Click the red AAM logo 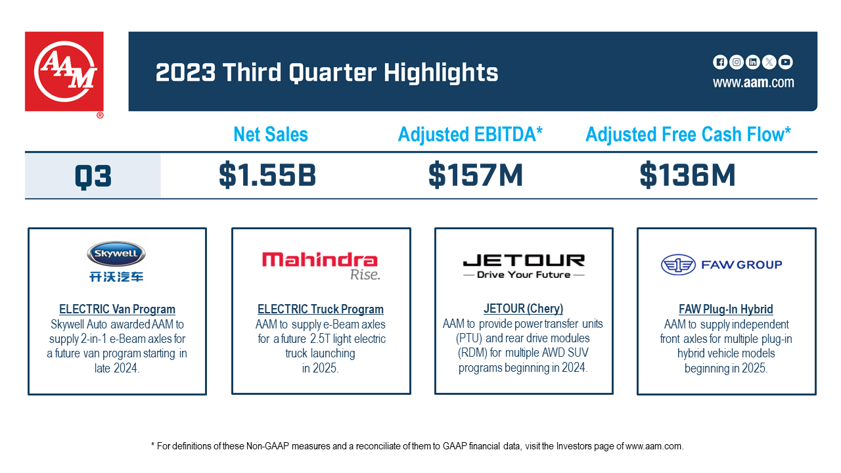click(x=64, y=72)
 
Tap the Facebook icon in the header click(x=720, y=62)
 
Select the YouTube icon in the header click(x=785, y=62)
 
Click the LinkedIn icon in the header click(x=753, y=62)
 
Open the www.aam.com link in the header click(x=753, y=83)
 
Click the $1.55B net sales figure click(x=267, y=175)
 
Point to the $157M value click(x=476, y=175)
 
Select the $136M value click(x=687, y=175)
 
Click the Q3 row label click(x=93, y=176)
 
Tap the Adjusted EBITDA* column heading click(x=470, y=135)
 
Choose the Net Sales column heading click(x=271, y=135)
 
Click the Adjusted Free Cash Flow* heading click(x=688, y=135)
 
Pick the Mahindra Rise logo click(x=321, y=265)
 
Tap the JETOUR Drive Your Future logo click(x=524, y=265)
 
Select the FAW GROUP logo click(x=721, y=265)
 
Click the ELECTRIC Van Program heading click(x=117, y=309)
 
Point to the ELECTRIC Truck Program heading click(x=321, y=309)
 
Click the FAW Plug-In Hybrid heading click(x=725, y=309)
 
